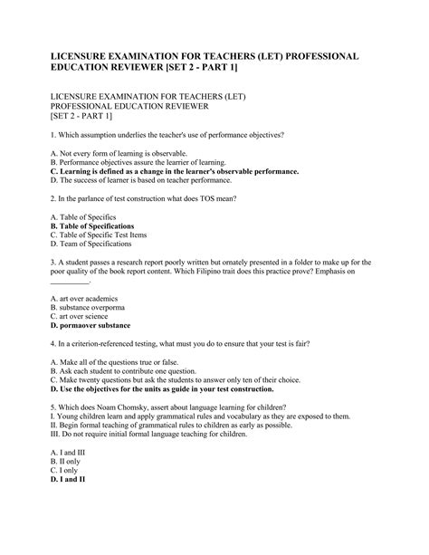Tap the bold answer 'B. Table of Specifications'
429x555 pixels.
[x=92, y=226]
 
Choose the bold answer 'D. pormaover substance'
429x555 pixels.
[x=91, y=325]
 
